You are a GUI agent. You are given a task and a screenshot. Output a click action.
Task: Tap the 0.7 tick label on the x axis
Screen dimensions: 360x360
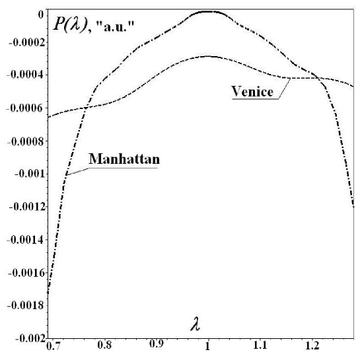[52, 344]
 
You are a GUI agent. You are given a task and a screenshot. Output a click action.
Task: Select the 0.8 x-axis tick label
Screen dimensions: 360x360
[104, 344]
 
